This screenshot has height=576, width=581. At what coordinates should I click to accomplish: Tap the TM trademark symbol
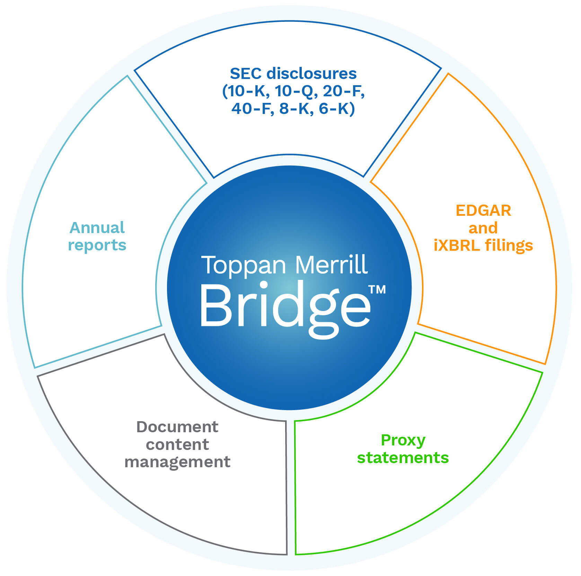377,289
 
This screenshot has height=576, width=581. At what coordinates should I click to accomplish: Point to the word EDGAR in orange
483,211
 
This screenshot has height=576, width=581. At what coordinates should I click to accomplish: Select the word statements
403,458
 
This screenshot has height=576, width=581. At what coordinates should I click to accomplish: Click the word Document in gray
177,427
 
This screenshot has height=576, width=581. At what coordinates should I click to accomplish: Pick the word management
177,462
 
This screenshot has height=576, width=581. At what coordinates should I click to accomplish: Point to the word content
177,444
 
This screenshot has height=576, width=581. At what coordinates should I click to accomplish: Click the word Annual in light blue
97,228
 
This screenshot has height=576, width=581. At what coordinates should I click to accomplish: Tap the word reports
97,246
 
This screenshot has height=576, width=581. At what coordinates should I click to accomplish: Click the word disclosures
311,74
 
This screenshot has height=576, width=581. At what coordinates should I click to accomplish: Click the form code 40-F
251,109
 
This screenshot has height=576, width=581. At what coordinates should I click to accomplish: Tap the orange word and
483,228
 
